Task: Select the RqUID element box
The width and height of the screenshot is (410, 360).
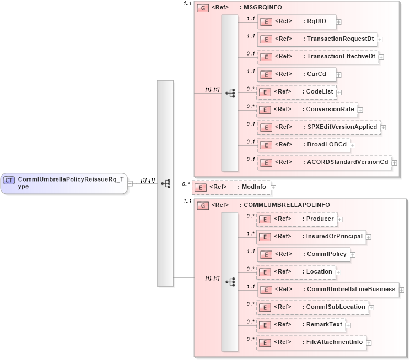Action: click(296, 21)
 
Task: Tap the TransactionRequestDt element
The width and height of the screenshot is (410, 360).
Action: click(317, 39)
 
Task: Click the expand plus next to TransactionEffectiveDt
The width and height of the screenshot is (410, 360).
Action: click(381, 57)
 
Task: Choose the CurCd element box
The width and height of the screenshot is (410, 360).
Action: click(296, 74)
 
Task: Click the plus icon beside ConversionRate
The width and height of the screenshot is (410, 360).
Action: click(360, 110)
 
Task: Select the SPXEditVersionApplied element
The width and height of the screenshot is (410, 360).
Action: click(318, 127)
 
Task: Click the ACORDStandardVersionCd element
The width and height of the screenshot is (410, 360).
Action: click(324, 162)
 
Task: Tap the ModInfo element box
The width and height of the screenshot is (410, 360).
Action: click(231, 187)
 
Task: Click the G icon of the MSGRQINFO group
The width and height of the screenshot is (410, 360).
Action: click(202, 8)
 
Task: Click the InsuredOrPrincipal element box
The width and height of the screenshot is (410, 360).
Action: click(311, 237)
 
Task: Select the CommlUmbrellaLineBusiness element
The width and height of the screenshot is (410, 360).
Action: click(327, 290)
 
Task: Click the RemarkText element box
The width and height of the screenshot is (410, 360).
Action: click(301, 325)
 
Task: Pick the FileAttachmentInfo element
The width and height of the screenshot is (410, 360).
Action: click(312, 342)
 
